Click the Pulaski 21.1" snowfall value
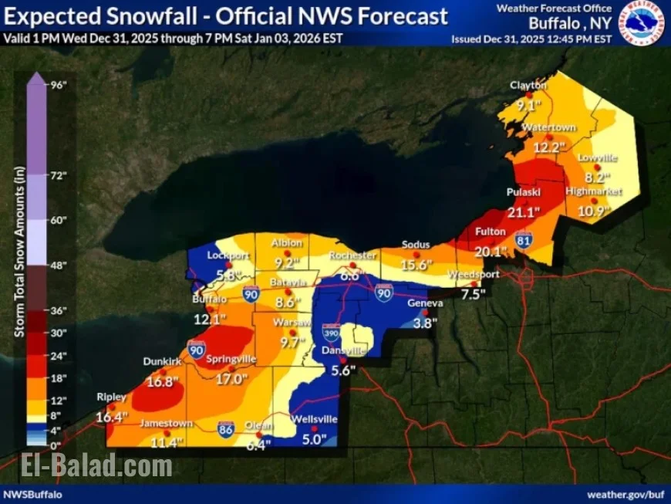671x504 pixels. [523, 211]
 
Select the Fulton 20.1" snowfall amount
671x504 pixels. [491, 251]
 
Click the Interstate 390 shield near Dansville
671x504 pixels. [329, 333]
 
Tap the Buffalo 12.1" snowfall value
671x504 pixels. [210, 318]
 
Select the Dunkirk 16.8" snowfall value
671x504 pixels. [161, 381]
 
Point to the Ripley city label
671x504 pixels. [110, 397]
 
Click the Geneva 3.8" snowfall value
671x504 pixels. [423, 324]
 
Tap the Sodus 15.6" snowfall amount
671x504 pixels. [416, 265]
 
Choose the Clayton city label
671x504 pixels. [528, 85]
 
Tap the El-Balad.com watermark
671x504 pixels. [87, 466]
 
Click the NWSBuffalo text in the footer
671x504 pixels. [32, 494]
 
